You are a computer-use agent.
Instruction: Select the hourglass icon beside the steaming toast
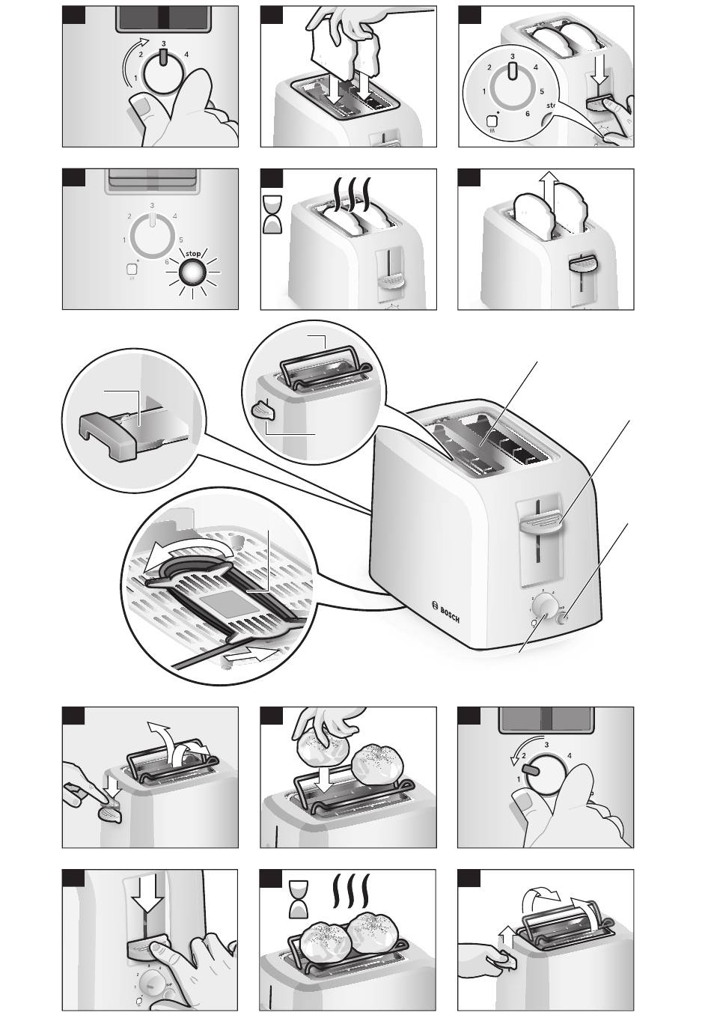pyautogui.click(x=273, y=214)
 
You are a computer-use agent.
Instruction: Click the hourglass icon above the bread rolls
pyautogui.click(x=300, y=898)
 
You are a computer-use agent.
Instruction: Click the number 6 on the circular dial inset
pyautogui.click(x=528, y=114)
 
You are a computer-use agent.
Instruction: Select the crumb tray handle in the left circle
pyautogui.click(x=107, y=436)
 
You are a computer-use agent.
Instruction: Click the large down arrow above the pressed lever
pyautogui.click(x=150, y=896)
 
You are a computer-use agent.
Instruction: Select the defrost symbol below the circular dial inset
pyautogui.click(x=492, y=121)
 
